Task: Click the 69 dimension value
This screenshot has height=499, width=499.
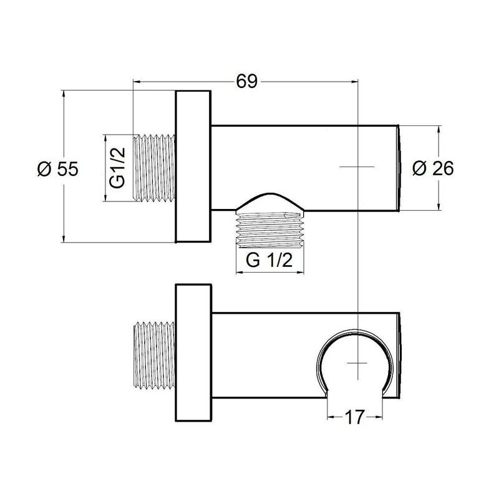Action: (x=246, y=82)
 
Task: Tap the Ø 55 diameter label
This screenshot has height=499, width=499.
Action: (x=58, y=168)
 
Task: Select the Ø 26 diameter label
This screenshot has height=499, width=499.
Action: (x=433, y=168)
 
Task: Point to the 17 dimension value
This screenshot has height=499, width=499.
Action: (x=354, y=417)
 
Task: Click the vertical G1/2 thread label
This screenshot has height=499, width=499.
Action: (x=117, y=168)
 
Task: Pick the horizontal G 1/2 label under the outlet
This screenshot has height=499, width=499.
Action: (x=269, y=261)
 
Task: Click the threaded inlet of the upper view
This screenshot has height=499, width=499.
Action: (x=154, y=168)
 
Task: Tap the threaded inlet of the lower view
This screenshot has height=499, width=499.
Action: (x=154, y=356)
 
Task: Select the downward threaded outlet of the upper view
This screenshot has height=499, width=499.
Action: (x=269, y=229)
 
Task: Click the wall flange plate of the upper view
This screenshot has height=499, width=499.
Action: (x=193, y=167)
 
